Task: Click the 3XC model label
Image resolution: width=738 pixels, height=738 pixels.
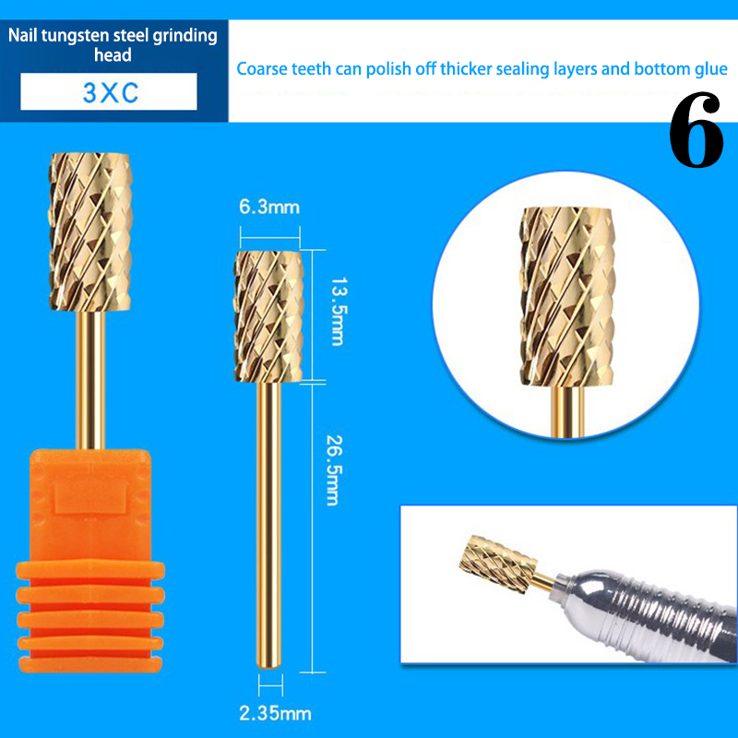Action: coord(111,93)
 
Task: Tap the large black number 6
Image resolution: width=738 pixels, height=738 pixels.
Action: coord(696,129)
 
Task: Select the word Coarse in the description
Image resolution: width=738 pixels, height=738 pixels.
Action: coord(262,69)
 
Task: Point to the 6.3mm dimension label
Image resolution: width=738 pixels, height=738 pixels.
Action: coord(269,207)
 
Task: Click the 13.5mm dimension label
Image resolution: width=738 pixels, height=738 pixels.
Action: coord(337,312)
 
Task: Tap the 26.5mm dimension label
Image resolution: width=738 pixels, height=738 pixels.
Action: coord(334,470)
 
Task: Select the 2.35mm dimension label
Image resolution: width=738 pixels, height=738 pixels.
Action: coord(275,713)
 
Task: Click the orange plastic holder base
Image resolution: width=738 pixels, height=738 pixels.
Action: coord(90,561)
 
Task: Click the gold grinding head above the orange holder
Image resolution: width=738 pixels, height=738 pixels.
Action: coord(89,232)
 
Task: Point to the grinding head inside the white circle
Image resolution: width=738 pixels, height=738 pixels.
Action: coord(567,297)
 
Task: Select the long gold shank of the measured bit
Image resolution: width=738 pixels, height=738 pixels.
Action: coord(269,525)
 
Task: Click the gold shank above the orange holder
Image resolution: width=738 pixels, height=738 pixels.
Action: coord(90,380)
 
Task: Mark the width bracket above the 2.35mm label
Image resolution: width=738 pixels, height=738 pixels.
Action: coord(270,684)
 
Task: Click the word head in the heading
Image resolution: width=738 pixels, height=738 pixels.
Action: coord(113,55)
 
